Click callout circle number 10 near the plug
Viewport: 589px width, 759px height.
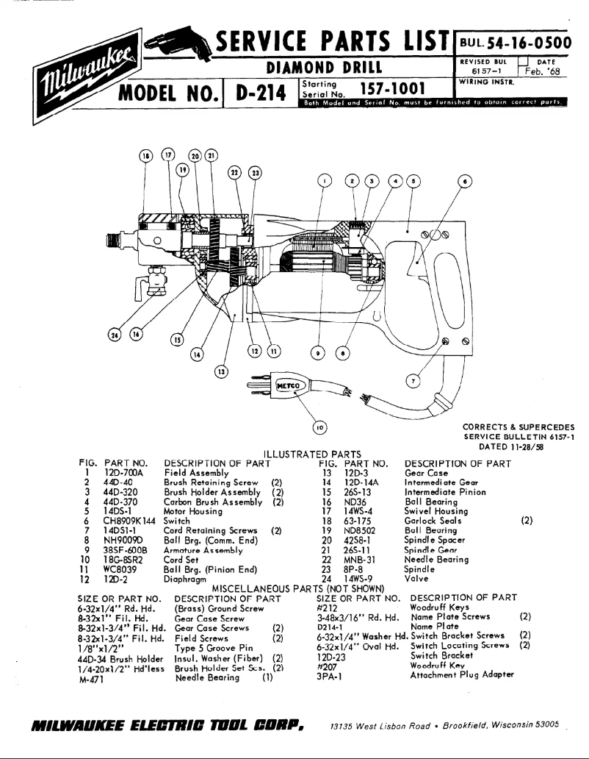click(319, 427)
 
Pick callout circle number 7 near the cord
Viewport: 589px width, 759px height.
click(413, 381)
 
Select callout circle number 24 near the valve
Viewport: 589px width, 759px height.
click(114, 335)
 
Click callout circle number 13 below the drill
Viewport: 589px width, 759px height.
click(221, 371)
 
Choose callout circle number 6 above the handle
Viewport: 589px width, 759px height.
click(463, 181)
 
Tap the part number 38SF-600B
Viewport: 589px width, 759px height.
click(126, 549)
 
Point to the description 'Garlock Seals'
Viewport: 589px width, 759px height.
click(438, 521)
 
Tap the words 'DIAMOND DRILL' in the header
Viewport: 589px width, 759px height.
click(325, 68)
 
